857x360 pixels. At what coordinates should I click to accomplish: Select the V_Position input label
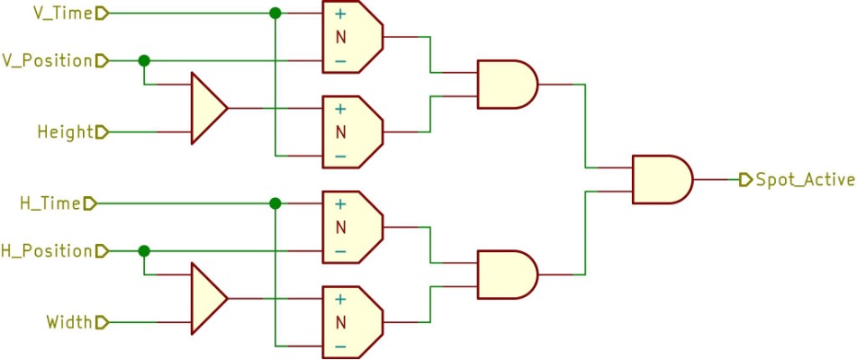click(x=47, y=61)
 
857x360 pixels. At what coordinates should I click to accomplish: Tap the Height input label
click(x=66, y=132)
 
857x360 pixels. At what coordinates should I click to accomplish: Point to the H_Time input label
click(x=50, y=203)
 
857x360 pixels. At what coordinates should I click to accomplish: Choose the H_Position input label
click(x=47, y=250)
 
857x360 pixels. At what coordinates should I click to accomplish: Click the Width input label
click(x=68, y=321)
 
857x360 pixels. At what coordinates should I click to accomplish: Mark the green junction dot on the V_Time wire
click(x=275, y=13)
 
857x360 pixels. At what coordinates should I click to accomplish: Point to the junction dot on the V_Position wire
click(x=143, y=61)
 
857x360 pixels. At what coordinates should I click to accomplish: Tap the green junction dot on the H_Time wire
click(x=275, y=203)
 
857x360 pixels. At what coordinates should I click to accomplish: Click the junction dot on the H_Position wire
click(x=143, y=250)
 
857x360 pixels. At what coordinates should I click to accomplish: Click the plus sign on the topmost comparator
click(x=340, y=14)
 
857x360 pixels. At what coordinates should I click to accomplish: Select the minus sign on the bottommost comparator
click(x=340, y=346)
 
